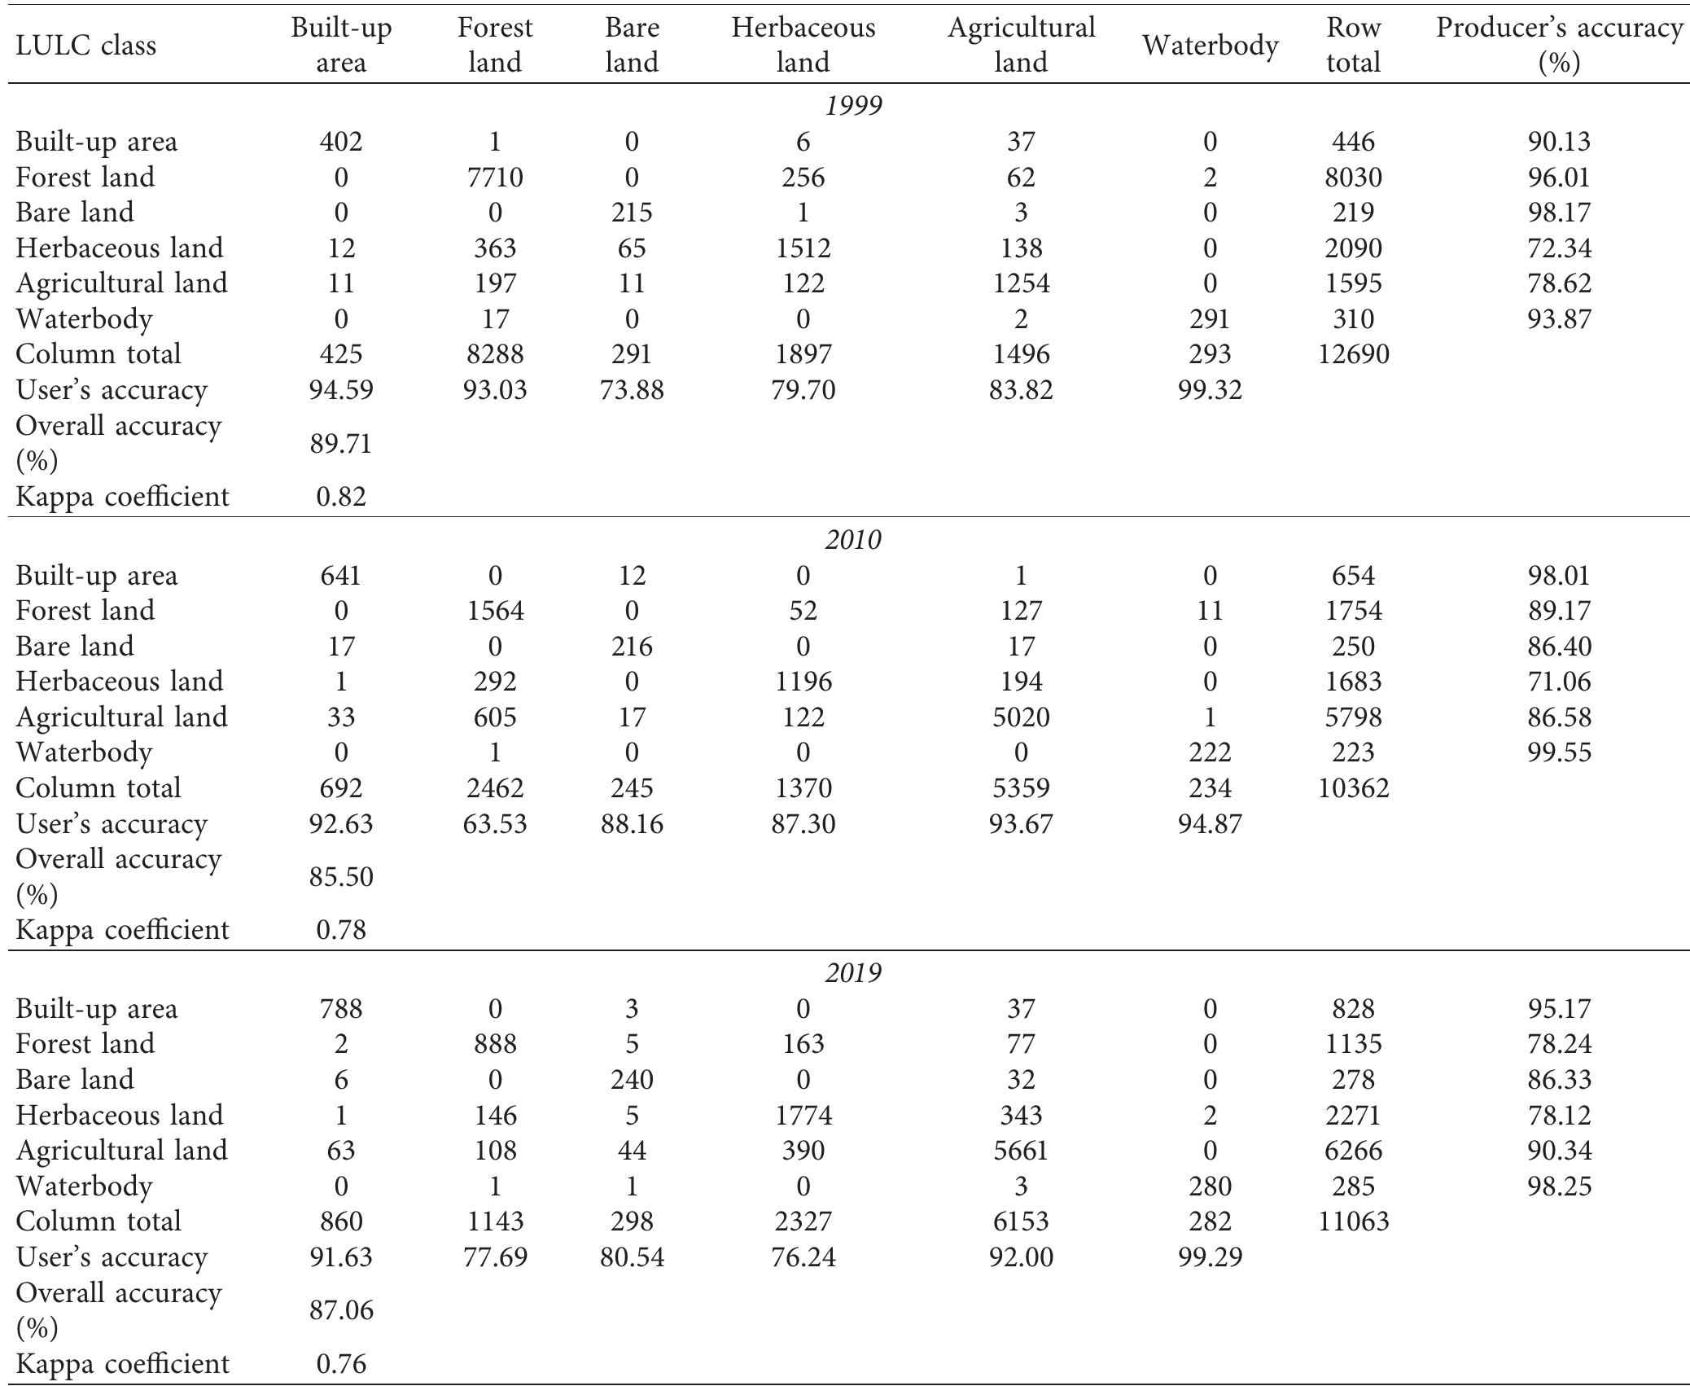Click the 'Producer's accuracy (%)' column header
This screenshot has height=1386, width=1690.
tap(1558, 45)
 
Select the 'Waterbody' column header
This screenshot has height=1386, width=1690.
tap(1210, 46)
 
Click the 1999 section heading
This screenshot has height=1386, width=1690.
tap(853, 106)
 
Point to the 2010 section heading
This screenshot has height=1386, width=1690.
tap(853, 540)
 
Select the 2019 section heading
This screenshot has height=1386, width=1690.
tap(853, 973)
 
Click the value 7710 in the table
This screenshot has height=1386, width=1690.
tap(495, 177)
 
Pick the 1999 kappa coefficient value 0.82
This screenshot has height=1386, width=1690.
tap(340, 496)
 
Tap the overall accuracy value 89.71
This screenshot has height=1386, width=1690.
tap(340, 444)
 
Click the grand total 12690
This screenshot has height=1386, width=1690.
tap(1353, 354)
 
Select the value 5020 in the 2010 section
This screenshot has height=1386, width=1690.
tap(1021, 717)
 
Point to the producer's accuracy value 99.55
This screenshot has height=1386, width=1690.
tap(1558, 752)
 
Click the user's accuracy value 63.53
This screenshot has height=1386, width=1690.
tap(495, 823)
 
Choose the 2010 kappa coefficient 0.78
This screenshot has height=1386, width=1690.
tap(340, 929)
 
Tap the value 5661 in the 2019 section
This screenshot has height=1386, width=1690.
tap(1021, 1150)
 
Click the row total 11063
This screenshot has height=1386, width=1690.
tap(1353, 1221)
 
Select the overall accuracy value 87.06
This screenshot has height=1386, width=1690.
tap(340, 1310)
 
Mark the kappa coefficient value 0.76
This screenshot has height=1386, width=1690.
tap(340, 1363)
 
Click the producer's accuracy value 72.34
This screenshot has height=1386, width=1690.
tap(1558, 248)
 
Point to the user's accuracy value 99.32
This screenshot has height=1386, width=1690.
tap(1210, 390)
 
